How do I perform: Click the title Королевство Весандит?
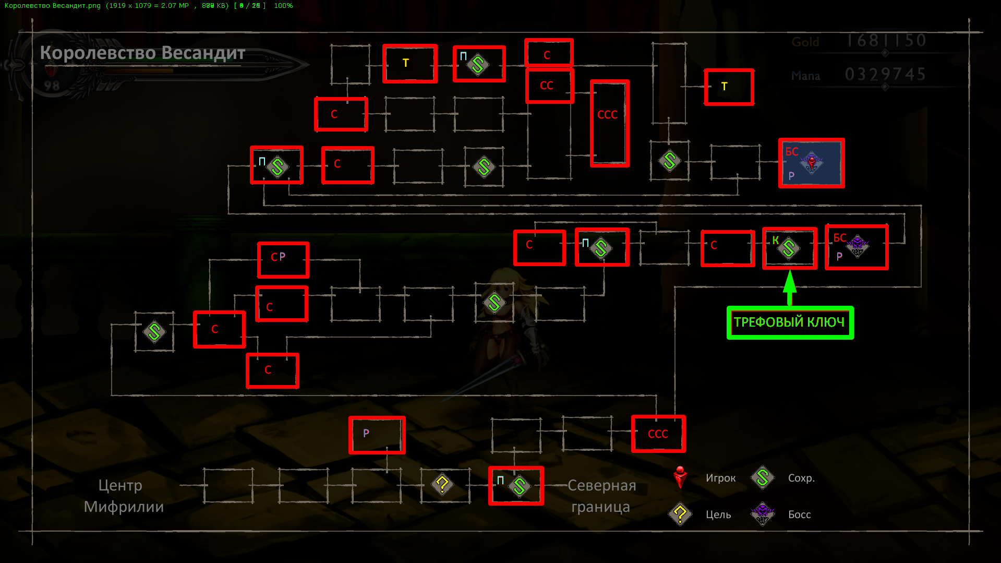pyautogui.click(x=142, y=53)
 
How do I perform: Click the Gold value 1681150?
pyautogui.click(x=886, y=41)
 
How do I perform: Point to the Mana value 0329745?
pyautogui.click(x=885, y=75)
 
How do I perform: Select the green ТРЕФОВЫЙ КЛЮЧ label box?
pyautogui.click(x=790, y=322)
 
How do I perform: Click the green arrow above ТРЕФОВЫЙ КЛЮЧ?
pyautogui.click(x=790, y=288)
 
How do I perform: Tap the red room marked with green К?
pyautogui.click(x=789, y=248)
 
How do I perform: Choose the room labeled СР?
pyautogui.click(x=283, y=259)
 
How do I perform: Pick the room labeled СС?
pyautogui.click(x=549, y=86)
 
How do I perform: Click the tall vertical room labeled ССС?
pyautogui.click(x=609, y=124)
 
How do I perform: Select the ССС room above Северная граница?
pyautogui.click(x=658, y=434)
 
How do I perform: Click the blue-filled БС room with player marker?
pyautogui.click(x=811, y=163)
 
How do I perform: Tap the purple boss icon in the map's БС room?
pyautogui.click(x=857, y=246)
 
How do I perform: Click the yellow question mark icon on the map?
pyautogui.click(x=442, y=485)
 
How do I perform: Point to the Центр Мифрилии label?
pyautogui.click(x=124, y=496)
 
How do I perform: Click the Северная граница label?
pyautogui.click(x=601, y=496)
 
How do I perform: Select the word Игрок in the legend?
pyautogui.click(x=720, y=478)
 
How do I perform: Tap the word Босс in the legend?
pyautogui.click(x=799, y=514)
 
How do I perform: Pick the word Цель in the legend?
pyautogui.click(x=718, y=514)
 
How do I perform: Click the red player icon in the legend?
pyautogui.click(x=680, y=477)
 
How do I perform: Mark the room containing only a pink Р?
pyautogui.click(x=377, y=435)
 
